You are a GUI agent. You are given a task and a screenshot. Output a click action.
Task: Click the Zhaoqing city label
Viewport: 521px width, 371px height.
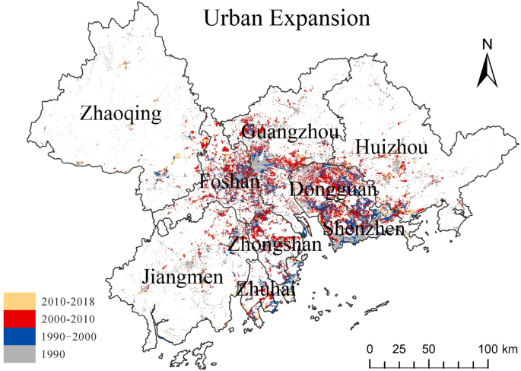[121, 115]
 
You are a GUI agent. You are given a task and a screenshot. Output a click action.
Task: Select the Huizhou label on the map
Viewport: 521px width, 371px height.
[392, 147]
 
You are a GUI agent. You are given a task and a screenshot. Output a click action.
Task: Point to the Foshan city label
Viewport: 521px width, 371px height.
[229, 182]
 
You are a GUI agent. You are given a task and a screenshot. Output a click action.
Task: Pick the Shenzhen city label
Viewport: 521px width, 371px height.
[363, 228]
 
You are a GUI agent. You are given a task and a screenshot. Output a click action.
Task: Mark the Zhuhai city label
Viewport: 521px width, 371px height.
[265, 290]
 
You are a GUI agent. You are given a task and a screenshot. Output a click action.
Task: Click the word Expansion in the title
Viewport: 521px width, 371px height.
[324, 18]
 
